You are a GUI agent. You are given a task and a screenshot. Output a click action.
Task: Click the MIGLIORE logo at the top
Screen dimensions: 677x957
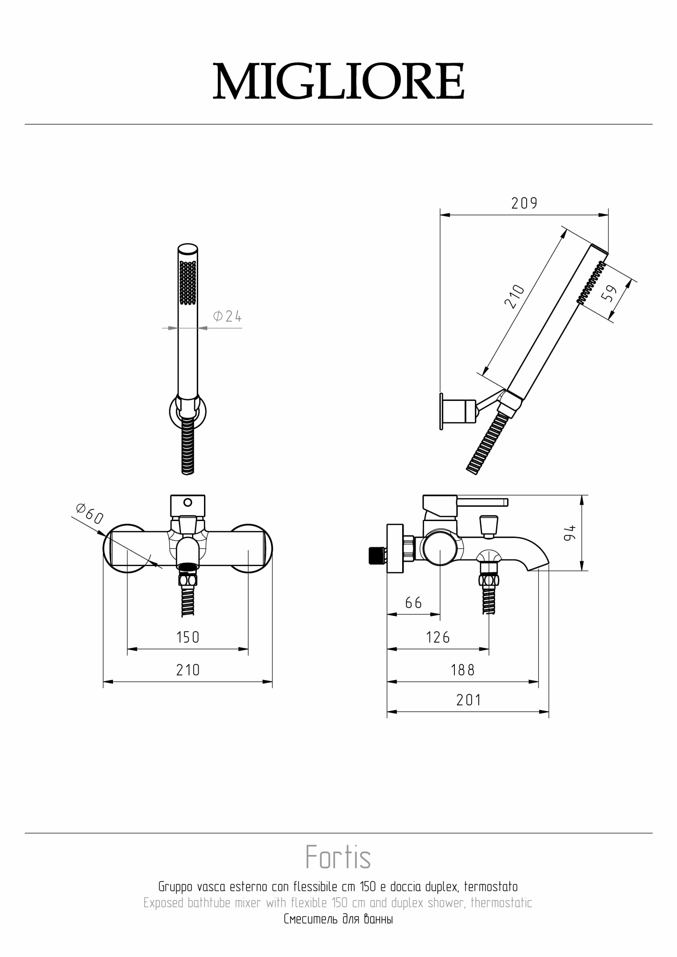coord(338,81)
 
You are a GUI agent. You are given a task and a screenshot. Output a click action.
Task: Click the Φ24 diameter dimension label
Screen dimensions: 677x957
coord(227,316)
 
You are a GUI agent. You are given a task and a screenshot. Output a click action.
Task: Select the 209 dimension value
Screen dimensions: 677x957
coord(524,203)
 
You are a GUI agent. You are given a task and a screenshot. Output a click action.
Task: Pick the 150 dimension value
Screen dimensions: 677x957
coord(188,637)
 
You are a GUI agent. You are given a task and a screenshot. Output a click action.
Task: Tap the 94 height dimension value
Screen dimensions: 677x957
coord(569,533)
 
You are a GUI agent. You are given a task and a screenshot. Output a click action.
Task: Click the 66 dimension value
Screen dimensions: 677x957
coord(414,602)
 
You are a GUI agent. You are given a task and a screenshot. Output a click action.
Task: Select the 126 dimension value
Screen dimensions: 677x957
coord(438,637)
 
